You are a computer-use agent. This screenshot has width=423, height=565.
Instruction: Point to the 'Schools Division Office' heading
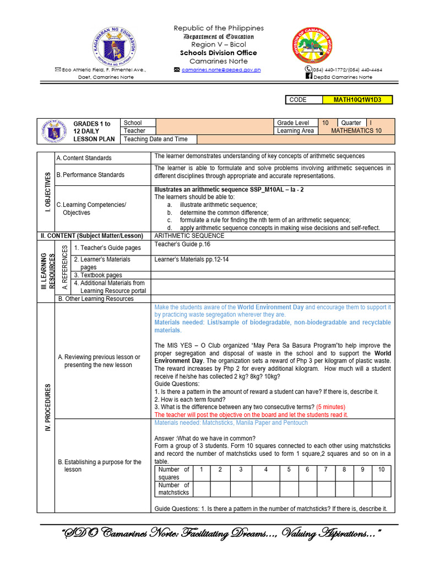tap(219, 53)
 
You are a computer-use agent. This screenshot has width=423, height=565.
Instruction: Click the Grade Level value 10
tap(325, 123)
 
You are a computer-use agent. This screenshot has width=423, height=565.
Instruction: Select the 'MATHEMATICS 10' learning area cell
tap(356, 131)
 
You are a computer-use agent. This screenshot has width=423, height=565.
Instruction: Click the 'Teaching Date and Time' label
tap(155, 139)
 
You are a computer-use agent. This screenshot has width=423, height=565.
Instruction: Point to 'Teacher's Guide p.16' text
tap(182, 244)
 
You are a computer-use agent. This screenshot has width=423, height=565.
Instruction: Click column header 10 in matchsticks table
tap(381, 470)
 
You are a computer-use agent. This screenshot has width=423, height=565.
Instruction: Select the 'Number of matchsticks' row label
tap(173, 489)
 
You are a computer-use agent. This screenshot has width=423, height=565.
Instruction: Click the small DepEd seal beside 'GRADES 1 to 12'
tap(53, 131)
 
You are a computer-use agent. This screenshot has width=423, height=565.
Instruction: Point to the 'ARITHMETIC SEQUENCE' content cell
tap(189, 236)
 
